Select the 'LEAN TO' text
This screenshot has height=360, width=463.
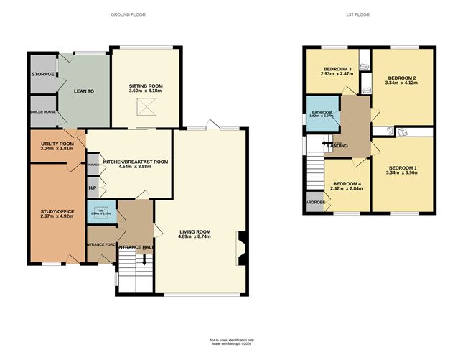point(84,91)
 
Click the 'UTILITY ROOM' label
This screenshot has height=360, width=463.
point(52,144)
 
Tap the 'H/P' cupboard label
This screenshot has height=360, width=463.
point(92,188)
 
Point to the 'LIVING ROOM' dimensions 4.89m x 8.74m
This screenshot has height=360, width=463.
point(195,236)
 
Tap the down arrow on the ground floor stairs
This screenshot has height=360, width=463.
point(144,262)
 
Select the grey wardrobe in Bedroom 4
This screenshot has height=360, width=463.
point(314,201)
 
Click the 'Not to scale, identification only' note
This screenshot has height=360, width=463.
point(231,340)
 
